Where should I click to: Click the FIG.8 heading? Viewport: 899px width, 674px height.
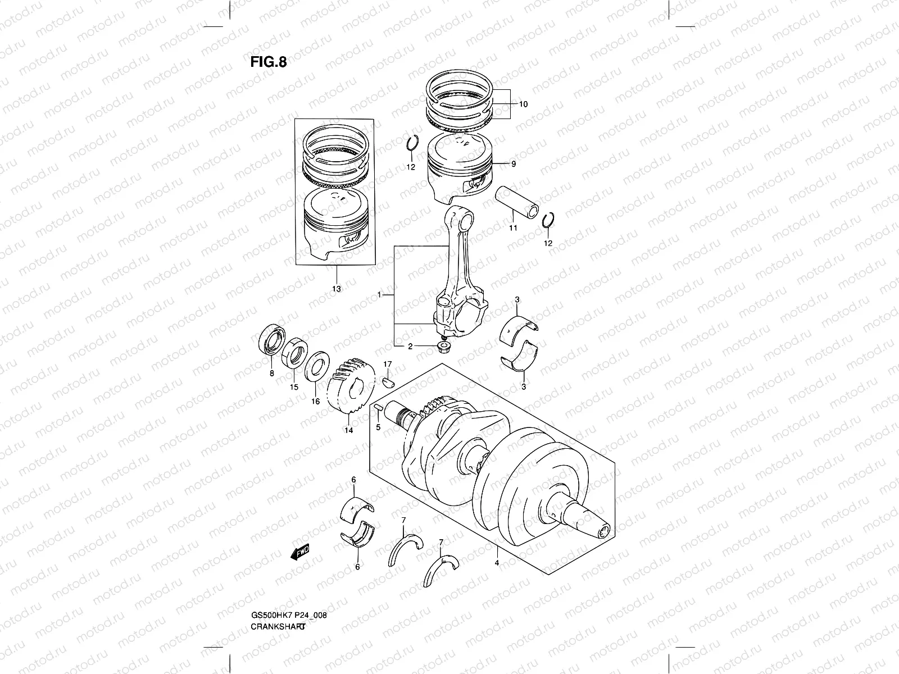[269, 62]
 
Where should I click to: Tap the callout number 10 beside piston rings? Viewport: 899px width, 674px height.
[523, 104]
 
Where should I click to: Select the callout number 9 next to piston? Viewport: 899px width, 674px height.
[513, 164]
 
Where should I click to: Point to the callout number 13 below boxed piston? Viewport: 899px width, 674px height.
[336, 289]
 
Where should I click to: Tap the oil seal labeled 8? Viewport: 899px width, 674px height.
[272, 343]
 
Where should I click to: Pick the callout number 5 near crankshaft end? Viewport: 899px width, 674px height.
[378, 427]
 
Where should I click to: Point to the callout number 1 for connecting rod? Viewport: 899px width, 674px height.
[380, 295]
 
